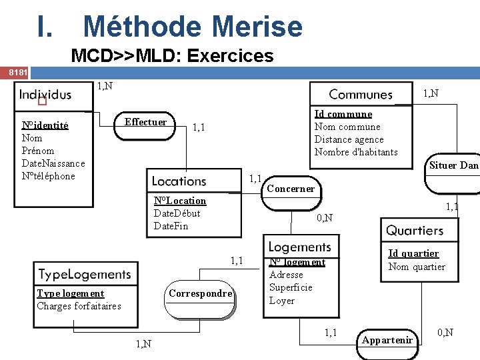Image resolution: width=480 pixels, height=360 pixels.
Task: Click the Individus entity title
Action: coord(45,94)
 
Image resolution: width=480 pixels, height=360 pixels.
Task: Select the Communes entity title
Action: coord(361,95)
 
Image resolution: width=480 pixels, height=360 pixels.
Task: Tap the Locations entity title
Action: coord(179,181)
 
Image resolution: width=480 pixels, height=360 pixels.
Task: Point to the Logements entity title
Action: coord(299,247)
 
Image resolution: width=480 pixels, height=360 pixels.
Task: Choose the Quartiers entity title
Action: coord(415,231)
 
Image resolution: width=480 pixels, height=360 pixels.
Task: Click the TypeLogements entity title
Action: coord(85,274)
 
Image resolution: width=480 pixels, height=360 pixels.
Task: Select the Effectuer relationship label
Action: coord(145,122)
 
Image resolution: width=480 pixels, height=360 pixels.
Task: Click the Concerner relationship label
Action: coord(290,189)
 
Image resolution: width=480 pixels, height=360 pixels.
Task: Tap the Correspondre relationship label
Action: coord(201,293)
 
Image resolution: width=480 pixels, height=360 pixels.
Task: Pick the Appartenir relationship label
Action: coord(387,340)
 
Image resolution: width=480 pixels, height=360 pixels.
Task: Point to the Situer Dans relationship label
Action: coord(454,165)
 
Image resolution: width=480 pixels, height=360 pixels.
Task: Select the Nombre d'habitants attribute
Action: coord(356,152)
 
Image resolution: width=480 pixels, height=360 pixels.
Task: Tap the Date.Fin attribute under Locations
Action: coord(171,226)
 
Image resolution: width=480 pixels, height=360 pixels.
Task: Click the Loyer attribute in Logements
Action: coord(281,301)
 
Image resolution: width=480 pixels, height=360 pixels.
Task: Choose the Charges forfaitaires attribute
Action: coord(79,306)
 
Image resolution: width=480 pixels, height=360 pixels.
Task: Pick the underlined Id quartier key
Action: coord(413,253)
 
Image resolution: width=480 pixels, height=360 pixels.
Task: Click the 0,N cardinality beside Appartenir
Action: coord(445,332)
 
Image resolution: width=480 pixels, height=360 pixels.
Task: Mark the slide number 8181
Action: coord(15,71)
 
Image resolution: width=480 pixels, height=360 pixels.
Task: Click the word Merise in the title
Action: coord(257,27)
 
